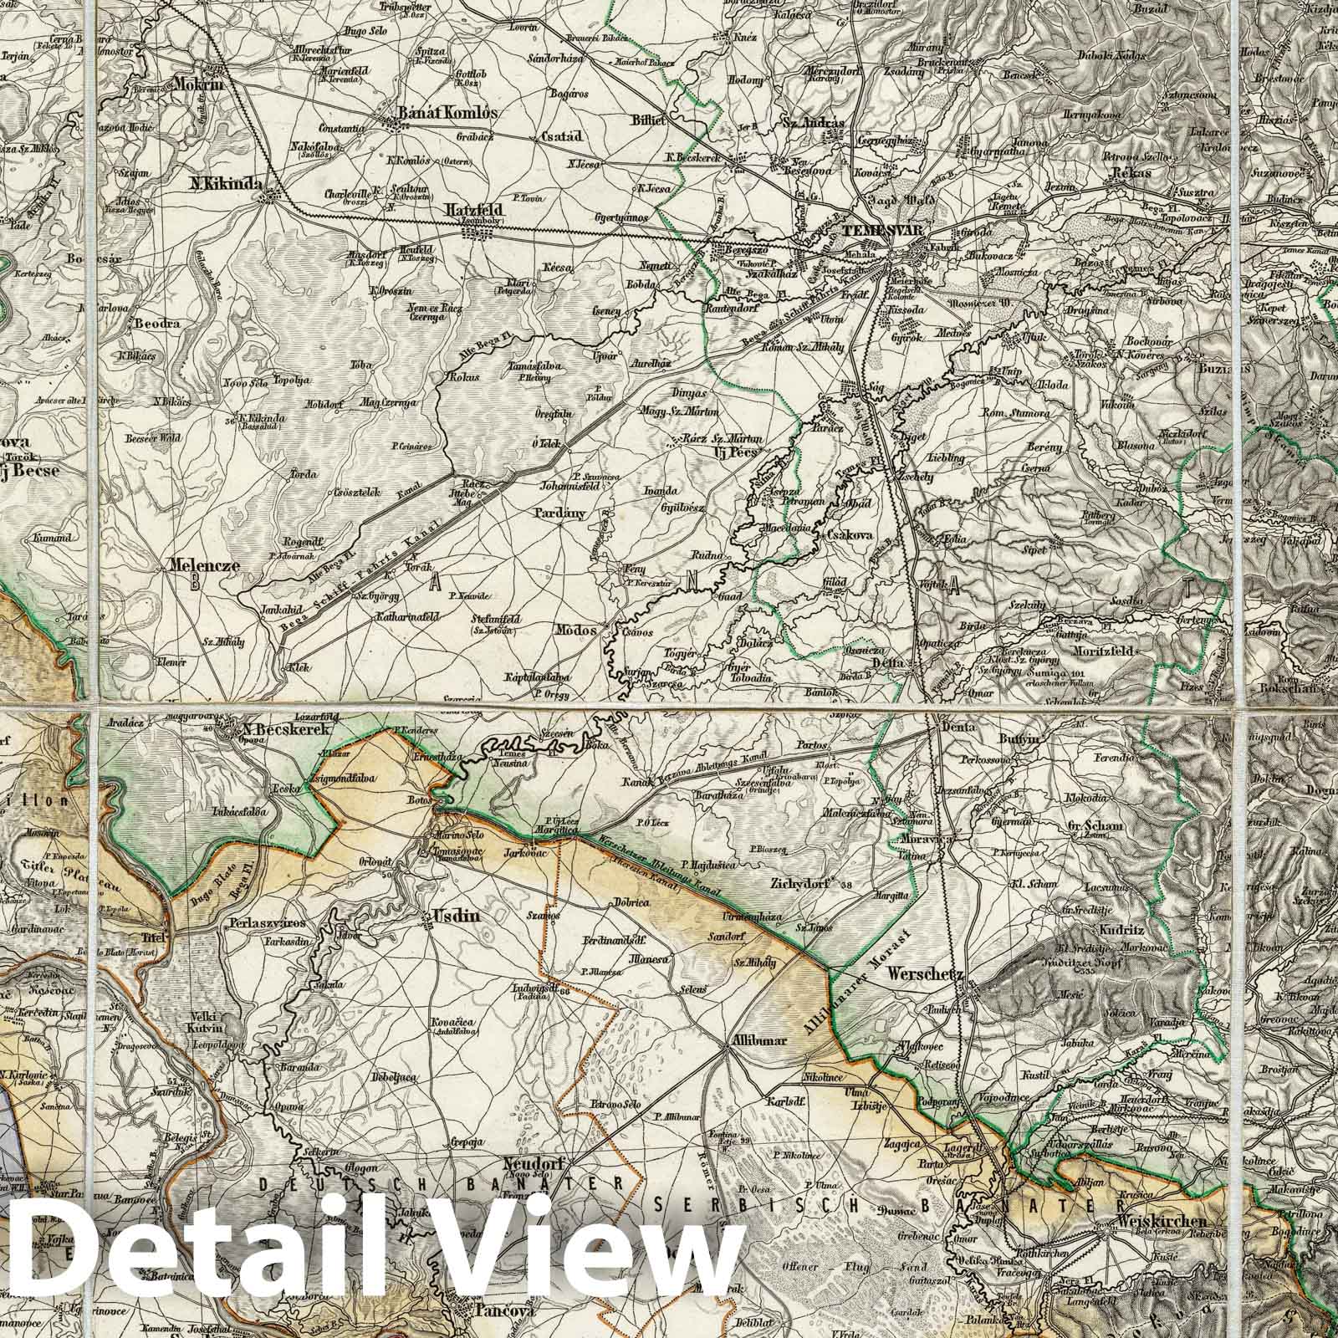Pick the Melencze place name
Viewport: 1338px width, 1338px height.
point(203,565)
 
